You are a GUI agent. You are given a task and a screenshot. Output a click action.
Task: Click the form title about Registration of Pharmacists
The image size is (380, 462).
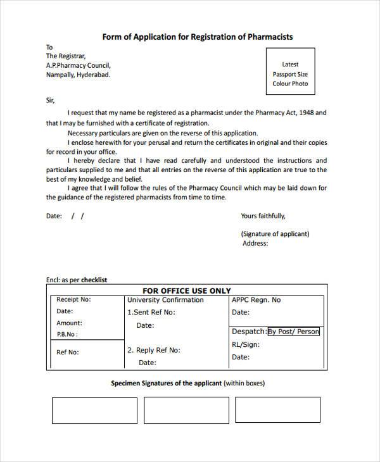198,37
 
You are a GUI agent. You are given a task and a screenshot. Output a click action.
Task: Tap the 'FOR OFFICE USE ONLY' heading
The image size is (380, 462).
187,290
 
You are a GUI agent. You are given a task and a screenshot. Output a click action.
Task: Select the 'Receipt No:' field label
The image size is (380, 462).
73,299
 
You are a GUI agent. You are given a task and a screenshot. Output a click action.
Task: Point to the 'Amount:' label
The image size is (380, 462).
69,323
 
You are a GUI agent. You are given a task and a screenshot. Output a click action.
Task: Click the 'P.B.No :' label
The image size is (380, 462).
67,334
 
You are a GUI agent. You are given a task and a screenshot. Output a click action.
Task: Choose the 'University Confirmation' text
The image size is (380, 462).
165,300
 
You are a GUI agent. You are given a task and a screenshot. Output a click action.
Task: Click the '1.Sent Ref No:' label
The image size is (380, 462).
151,312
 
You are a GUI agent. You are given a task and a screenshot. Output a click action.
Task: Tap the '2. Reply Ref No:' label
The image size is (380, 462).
154,350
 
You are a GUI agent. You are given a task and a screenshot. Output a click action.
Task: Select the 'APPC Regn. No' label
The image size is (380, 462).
256,300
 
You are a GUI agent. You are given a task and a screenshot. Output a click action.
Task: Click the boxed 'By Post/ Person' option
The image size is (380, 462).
294,332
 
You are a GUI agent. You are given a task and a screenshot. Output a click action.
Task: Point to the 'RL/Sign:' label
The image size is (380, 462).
245,344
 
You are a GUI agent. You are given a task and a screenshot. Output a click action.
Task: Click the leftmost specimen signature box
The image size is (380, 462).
94,410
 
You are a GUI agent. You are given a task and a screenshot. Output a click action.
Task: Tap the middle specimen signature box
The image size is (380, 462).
186,410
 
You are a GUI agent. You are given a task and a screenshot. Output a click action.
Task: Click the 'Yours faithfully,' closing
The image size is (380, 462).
263,216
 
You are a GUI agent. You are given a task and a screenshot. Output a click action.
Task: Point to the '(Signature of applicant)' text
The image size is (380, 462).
275,234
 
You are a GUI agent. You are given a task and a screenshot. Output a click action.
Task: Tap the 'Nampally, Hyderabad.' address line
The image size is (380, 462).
77,75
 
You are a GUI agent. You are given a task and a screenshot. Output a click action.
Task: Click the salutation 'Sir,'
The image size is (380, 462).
51,100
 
